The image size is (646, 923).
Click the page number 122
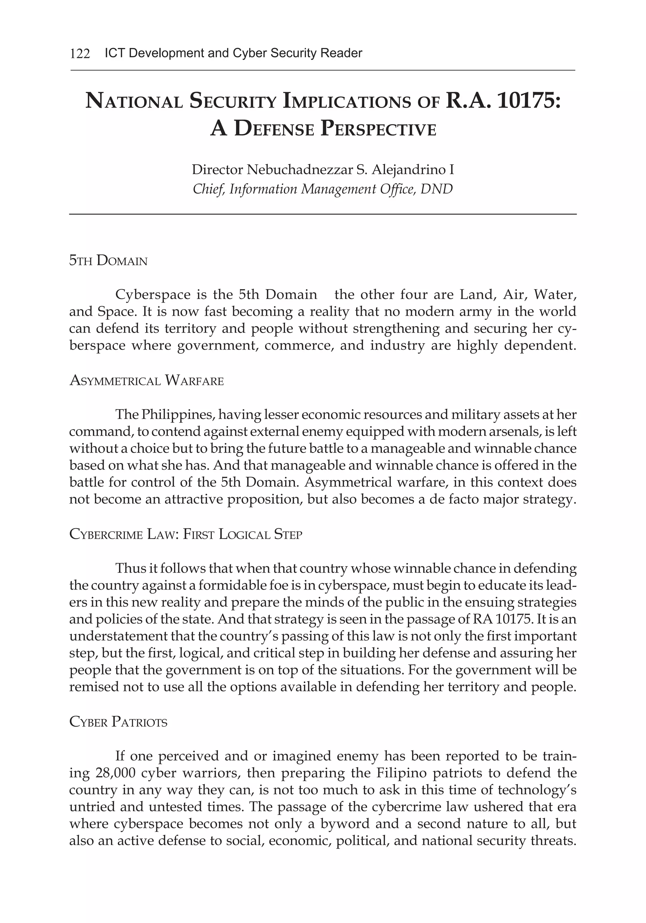pyautogui.click(x=80, y=53)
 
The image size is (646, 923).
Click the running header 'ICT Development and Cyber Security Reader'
pyautogui.click(x=233, y=53)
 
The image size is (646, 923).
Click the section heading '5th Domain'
pyautogui.click(x=108, y=261)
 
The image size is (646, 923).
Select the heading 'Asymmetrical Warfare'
pyautogui.click(x=146, y=380)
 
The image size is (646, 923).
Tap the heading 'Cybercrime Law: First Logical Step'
pyautogui.click(x=185, y=534)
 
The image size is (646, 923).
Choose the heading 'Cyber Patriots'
pyautogui.click(x=118, y=722)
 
